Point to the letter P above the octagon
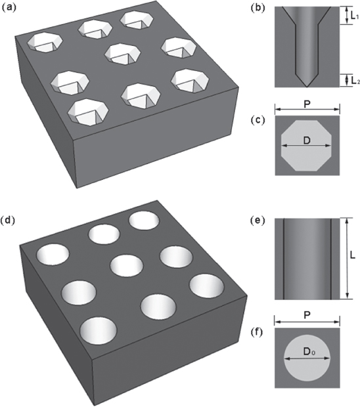[307, 104]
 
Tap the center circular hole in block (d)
[127, 267]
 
